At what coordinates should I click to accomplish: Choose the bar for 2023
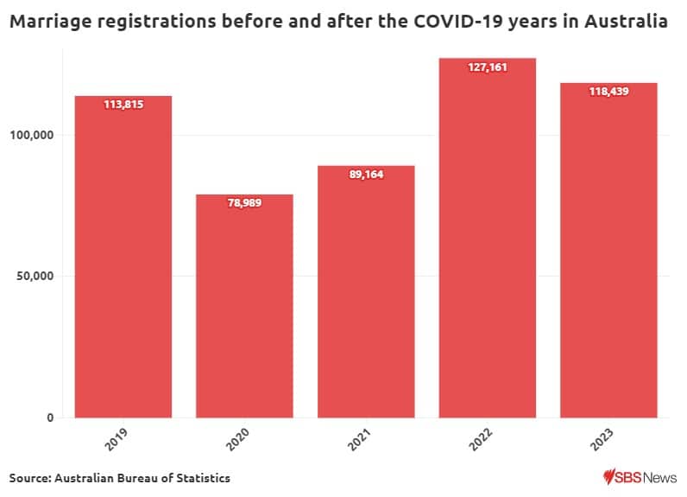[x=609, y=251]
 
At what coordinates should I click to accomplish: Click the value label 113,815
[x=123, y=105]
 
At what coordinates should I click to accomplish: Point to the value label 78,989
[x=244, y=204]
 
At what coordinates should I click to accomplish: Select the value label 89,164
[x=366, y=175]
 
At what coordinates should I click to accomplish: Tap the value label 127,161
[x=488, y=67]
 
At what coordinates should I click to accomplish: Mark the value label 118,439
[x=609, y=92]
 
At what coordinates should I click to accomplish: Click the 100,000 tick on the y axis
[x=31, y=135]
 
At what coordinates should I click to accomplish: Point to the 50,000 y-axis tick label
[x=35, y=277]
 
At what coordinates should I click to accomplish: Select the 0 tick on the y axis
[x=50, y=418]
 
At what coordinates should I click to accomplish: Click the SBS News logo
[x=640, y=477]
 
